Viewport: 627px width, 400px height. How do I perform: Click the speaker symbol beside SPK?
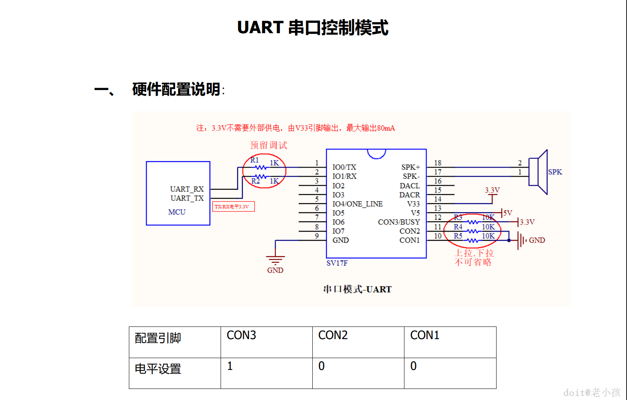coord(538,172)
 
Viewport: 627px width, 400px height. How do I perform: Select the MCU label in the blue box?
coord(177,212)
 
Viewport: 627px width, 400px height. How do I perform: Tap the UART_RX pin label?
coord(187,189)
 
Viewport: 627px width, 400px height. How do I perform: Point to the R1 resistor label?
coord(254,160)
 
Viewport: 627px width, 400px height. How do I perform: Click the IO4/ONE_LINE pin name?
coord(357,204)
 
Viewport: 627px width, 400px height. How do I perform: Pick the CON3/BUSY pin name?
coord(398,222)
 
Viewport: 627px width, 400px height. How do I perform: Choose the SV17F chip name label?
coord(337,263)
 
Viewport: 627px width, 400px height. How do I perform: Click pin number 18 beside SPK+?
coord(438,163)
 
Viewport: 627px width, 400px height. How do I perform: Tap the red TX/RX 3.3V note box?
coord(233,207)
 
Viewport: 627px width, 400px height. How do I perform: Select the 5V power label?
coord(508,213)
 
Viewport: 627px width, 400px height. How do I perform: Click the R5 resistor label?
coord(458,236)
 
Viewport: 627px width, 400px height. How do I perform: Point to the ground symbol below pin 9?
coord(275,260)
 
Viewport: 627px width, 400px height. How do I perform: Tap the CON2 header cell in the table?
coord(333,335)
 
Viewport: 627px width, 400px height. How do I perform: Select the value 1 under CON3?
coord(230,366)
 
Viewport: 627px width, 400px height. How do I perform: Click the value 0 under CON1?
coord(413,366)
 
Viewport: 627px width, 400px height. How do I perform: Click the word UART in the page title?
coord(260,28)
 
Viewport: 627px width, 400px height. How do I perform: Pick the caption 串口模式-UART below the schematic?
coord(357,289)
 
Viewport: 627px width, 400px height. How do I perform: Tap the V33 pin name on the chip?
coord(413,204)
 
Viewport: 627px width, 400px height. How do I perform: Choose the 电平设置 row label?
coord(158,369)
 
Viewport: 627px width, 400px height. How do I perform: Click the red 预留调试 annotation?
coord(268,145)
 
